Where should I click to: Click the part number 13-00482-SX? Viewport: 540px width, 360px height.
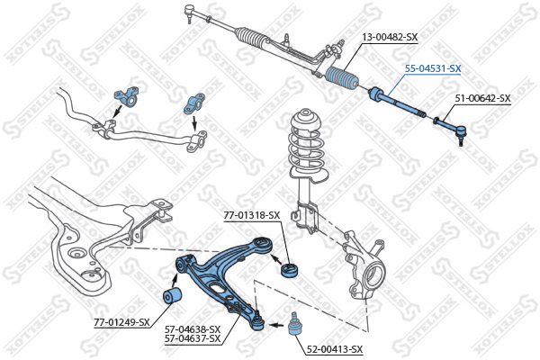pyautogui.click(x=391, y=37)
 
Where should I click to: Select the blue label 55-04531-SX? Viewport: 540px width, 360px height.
pyautogui.click(x=433, y=69)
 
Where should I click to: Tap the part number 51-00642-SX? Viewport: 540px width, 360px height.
pyautogui.click(x=482, y=98)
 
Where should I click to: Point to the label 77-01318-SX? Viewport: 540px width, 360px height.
pyautogui.click(x=252, y=215)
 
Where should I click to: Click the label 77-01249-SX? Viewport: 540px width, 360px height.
pyautogui.click(x=121, y=322)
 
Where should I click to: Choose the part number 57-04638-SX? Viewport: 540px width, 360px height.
pyautogui.click(x=193, y=329)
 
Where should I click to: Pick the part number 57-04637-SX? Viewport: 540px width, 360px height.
pyautogui.click(x=193, y=338)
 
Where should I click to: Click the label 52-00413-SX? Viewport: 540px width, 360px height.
pyautogui.click(x=335, y=350)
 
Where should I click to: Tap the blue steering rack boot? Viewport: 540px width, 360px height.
pyautogui.click(x=342, y=78)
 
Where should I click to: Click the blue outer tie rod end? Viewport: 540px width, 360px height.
pyautogui.click(x=450, y=128)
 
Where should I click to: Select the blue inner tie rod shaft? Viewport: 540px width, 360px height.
pyautogui.click(x=397, y=103)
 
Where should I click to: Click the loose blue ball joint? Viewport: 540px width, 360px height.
pyautogui.click(x=293, y=324)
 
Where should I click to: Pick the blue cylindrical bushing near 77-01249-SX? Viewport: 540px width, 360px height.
pyautogui.click(x=172, y=295)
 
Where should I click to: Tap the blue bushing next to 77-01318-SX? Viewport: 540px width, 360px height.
pyautogui.click(x=290, y=269)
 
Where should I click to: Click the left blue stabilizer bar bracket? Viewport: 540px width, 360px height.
pyautogui.click(x=127, y=96)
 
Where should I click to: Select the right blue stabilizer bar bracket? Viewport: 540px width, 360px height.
pyautogui.click(x=193, y=103)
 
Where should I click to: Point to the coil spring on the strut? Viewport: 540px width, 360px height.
pyautogui.click(x=308, y=148)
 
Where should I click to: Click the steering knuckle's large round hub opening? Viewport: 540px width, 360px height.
pyautogui.click(x=374, y=276)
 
